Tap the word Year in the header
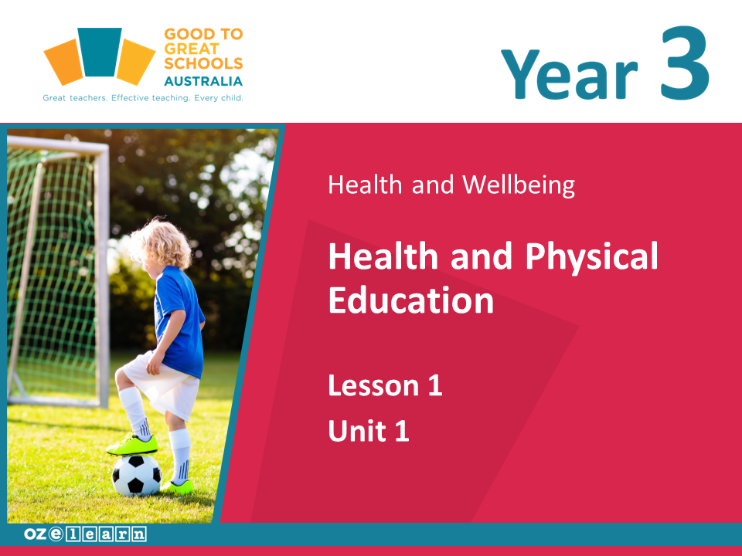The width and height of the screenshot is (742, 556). [x=570, y=74]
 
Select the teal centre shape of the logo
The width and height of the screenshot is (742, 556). [x=100, y=52]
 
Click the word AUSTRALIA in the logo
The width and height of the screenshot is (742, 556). [x=203, y=81]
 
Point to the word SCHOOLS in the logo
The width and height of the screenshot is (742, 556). [x=203, y=63]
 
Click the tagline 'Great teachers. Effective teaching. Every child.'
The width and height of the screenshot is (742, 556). [x=143, y=98]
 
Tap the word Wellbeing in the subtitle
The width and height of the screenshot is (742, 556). [x=519, y=185]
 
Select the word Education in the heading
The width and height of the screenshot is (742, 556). [x=410, y=300]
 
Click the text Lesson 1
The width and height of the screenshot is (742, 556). [x=385, y=385]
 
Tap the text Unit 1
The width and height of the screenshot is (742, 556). [x=369, y=431]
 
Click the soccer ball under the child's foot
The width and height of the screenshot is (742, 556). [x=137, y=475]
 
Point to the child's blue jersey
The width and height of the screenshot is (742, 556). [x=179, y=321]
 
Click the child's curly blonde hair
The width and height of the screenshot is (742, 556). [x=161, y=243]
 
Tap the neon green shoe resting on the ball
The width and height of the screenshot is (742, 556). [x=132, y=446]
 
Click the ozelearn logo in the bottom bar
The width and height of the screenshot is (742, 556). [x=85, y=534]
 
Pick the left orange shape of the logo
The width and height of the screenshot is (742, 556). [x=64, y=62]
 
